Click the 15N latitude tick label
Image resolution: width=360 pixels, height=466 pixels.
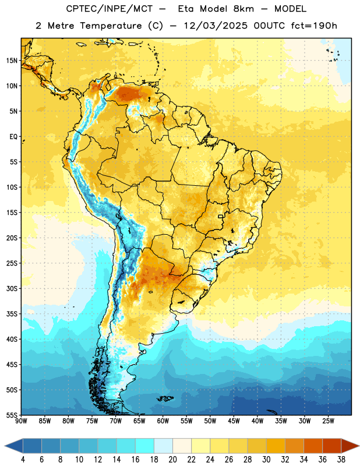click(x=12, y=61)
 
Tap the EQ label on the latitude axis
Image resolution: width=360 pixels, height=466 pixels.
click(x=13, y=137)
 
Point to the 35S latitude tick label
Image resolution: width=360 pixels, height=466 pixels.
click(x=12, y=314)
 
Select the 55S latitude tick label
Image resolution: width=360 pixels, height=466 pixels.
click(x=12, y=415)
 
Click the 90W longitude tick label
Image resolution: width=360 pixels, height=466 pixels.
click(x=21, y=421)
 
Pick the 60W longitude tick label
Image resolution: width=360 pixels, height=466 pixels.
click(x=163, y=421)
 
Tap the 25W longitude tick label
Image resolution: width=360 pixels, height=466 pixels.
click(x=328, y=421)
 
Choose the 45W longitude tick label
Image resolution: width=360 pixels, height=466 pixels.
click(x=234, y=421)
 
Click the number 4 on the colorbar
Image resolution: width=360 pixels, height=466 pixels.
click(x=23, y=460)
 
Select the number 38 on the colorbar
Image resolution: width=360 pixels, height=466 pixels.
click(x=341, y=460)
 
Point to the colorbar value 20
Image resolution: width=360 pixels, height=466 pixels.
click(x=172, y=460)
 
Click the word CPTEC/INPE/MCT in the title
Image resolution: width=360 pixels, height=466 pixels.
click(x=109, y=9)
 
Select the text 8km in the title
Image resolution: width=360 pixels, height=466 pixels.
click(x=243, y=9)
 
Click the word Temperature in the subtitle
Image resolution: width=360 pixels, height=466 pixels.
click(x=111, y=26)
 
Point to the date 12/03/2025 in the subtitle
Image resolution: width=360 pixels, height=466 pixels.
click(x=216, y=26)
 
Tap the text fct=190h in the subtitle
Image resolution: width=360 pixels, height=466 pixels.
click(x=314, y=26)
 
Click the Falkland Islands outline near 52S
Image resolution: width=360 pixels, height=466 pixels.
click(x=165, y=398)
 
